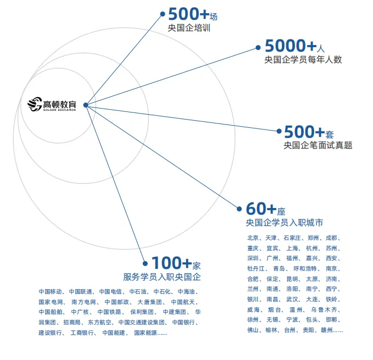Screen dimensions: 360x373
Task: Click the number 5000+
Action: (291, 46)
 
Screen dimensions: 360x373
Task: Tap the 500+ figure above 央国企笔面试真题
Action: (304, 132)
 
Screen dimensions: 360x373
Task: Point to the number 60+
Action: (261, 209)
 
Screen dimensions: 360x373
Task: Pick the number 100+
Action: (171, 263)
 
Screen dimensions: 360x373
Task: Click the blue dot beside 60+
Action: (239, 209)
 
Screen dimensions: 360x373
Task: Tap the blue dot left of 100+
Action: (145, 263)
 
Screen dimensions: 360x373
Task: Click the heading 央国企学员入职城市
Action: (284, 223)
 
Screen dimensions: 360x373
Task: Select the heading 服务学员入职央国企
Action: (162, 277)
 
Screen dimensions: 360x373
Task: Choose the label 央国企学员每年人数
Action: (303, 60)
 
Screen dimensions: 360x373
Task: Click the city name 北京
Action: (253, 238)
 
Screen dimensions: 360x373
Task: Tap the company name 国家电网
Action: (52, 302)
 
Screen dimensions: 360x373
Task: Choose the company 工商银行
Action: (82, 333)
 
